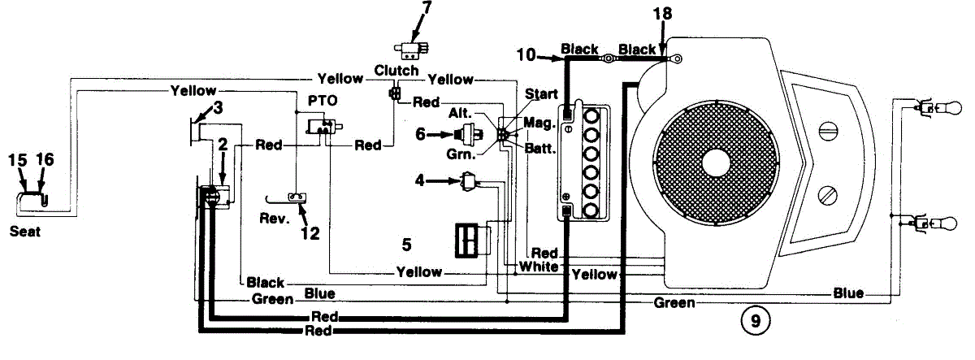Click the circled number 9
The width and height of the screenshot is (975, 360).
[x=756, y=321]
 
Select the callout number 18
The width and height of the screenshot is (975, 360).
[x=665, y=14]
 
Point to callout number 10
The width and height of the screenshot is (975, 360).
[x=526, y=54]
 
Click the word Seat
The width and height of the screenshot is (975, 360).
[x=24, y=232]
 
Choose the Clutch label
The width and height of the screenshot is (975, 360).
[x=396, y=71]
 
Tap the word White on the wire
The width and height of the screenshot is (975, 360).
[x=539, y=267]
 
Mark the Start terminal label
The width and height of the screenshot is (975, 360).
[x=541, y=95]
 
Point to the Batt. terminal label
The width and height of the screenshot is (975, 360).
[x=539, y=150]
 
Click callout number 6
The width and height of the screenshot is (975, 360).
[x=420, y=134]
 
